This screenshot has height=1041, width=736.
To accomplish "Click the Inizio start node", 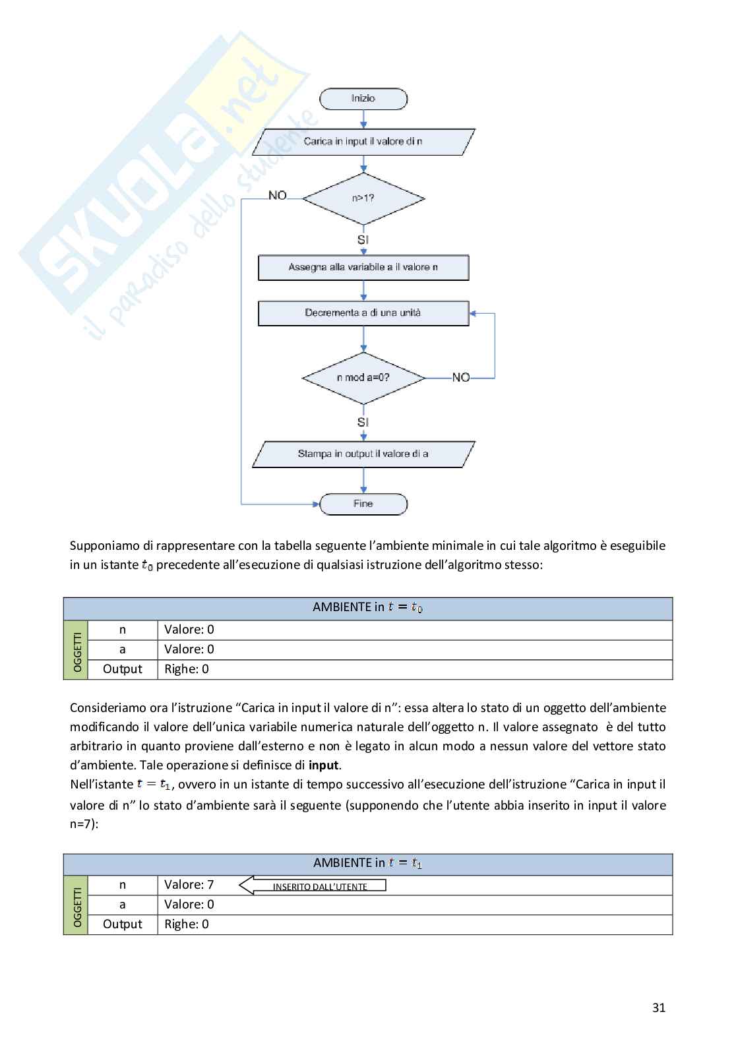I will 363,99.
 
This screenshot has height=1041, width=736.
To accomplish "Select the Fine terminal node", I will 363,504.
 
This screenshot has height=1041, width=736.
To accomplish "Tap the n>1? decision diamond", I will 363,198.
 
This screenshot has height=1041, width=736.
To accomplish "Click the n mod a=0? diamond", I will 363,378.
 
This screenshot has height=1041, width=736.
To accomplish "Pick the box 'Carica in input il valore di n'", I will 363,142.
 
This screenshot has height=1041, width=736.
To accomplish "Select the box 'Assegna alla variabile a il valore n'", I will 363,268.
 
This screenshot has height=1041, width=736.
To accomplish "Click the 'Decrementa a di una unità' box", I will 363,313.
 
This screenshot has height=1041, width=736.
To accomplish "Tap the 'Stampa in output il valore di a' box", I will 363,454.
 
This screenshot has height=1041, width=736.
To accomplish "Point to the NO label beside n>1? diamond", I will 278,195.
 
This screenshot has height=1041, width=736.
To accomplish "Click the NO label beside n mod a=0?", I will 461,378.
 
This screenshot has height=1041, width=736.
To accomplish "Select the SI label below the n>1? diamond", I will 363,240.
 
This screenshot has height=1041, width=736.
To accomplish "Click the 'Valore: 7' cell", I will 189,885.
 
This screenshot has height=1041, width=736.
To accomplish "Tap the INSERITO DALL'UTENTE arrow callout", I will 313,886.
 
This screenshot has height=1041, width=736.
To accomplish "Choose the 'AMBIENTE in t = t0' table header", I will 367,607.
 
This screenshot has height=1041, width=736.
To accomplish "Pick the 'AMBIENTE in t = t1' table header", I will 367,863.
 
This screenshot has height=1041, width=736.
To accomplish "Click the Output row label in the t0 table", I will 123,669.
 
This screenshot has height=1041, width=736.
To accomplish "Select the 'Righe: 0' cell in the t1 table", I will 187,924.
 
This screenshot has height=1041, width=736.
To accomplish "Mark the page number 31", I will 658,1007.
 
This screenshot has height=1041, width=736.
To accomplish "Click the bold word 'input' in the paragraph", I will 323,765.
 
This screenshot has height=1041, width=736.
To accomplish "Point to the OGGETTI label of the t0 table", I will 77,651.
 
